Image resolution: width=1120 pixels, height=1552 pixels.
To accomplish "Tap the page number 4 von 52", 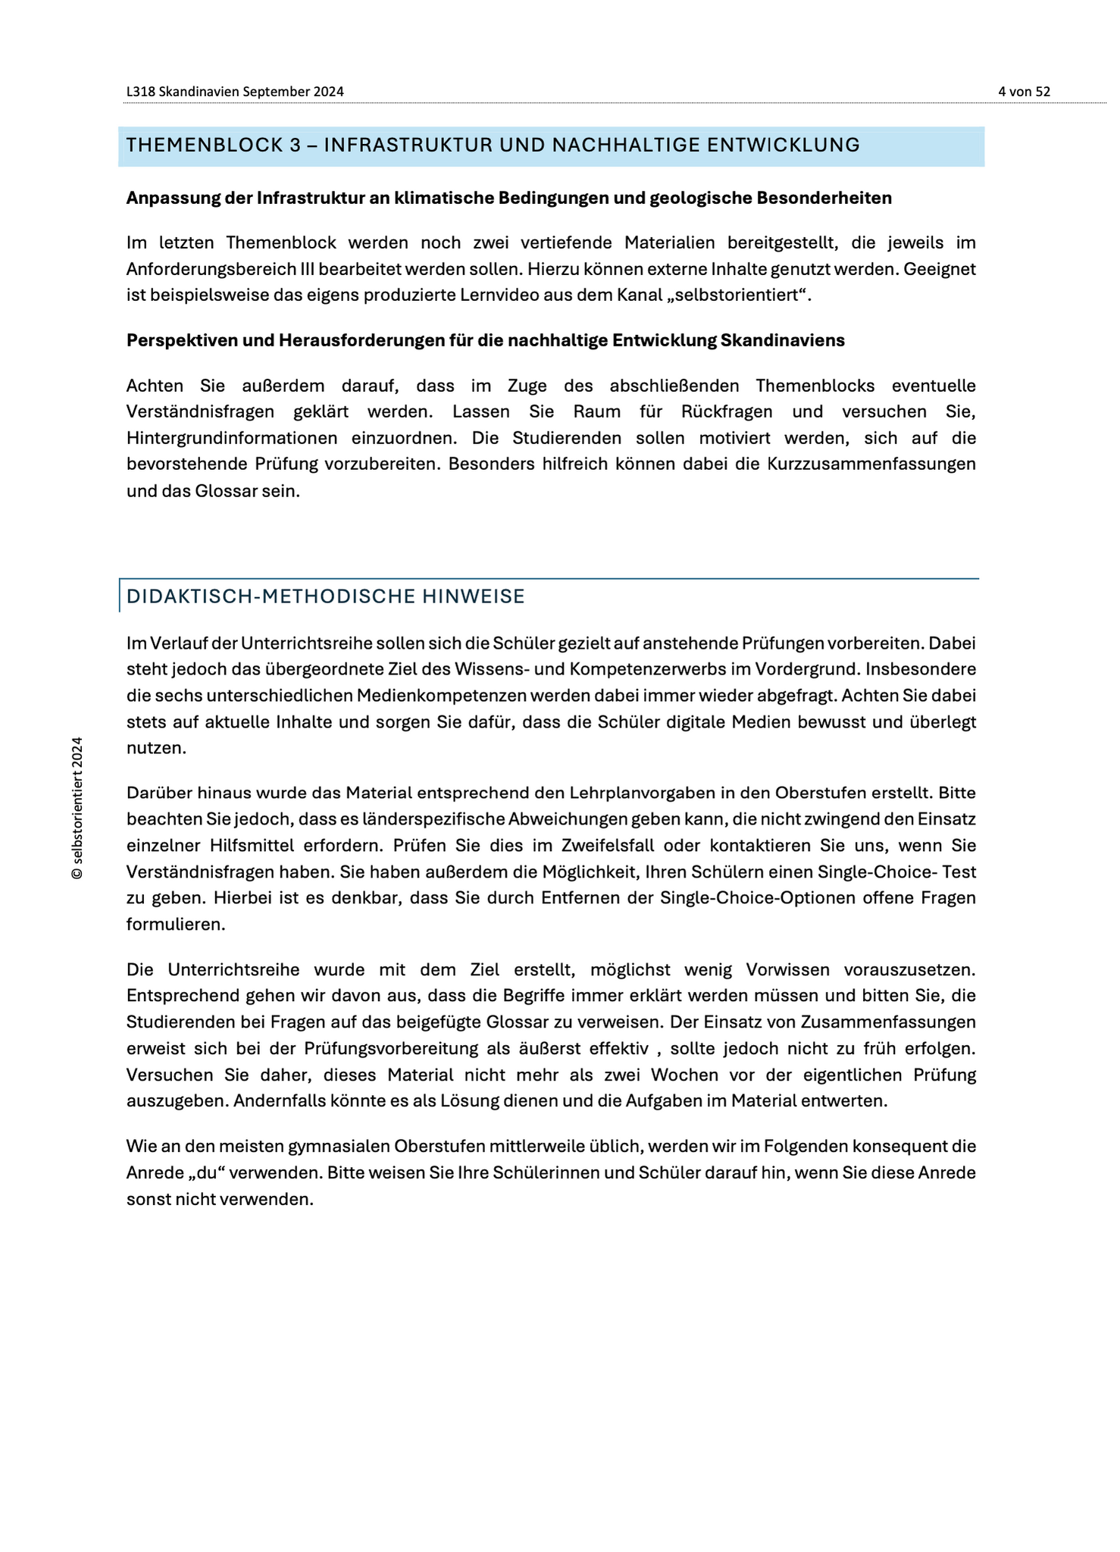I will coord(1024,92).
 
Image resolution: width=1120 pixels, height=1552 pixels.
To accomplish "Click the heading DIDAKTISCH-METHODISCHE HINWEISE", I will coord(325,596).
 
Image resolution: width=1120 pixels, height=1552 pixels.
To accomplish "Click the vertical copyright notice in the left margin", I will coord(77,808).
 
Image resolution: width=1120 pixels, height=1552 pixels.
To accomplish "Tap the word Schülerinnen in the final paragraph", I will coord(539,1173).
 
